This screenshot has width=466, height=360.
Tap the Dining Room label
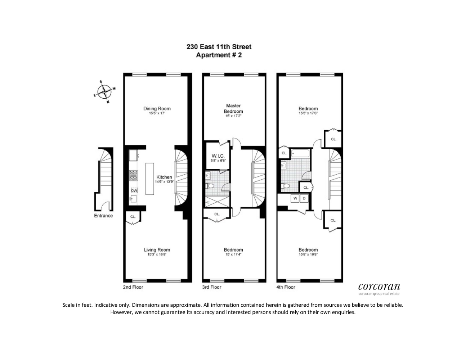click(157, 109)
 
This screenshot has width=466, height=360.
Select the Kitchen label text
click(164, 177)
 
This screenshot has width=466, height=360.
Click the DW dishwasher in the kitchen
click(134, 190)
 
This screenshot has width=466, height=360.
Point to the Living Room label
click(157, 250)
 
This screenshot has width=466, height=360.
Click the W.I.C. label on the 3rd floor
click(218, 156)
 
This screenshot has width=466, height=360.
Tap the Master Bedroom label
click(233, 108)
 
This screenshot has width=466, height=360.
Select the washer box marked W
click(295, 198)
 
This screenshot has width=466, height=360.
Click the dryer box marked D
click(304, 198)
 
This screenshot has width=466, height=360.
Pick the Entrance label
click(103, 216)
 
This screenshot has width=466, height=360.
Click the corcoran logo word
click(379, 287)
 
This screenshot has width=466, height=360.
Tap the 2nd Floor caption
click(133, 287)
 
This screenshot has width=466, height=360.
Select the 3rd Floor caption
click(211, 287)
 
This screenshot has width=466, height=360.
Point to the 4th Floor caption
click(286, 287)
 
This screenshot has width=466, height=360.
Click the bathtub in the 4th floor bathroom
click(300, 154)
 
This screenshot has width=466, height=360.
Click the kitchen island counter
click(150, 179)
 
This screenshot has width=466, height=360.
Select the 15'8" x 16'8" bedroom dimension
click(308, 255)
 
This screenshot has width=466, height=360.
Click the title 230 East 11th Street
click(219, 47)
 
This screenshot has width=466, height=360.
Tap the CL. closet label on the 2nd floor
click(133, 217)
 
